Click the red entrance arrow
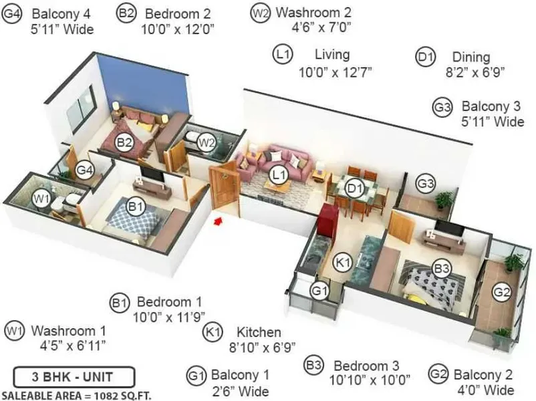pyautogui.click(x=218, y=221)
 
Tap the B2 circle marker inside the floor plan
pyautogui.click(x=124, y=142)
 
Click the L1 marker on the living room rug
pyautogui.click(x=279, y=175)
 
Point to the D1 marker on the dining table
pyautogui.click(x=354, y=188)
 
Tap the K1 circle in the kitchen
pyautogui.click(x=342, y=263)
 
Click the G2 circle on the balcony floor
pyautogui.click(x=502, y=291)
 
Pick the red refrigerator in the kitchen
pyautogui.click(x=327, y=219)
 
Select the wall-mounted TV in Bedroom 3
pyautogui.click(x=449, y=228)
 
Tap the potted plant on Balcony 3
pyautogui.click(x=444, y=199)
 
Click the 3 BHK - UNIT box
pyautogui.click(x=74, y=377)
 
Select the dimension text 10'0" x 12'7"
pyautogui.click(x=335, y=72)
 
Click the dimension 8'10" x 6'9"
pyautogui.click(x=262, y=348)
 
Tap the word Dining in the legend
pyautogui.click(x=471, y=57)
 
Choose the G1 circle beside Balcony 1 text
pyautogui.click(x=196, y=376)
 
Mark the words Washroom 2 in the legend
pyautogui.click(x=313, y=12)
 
